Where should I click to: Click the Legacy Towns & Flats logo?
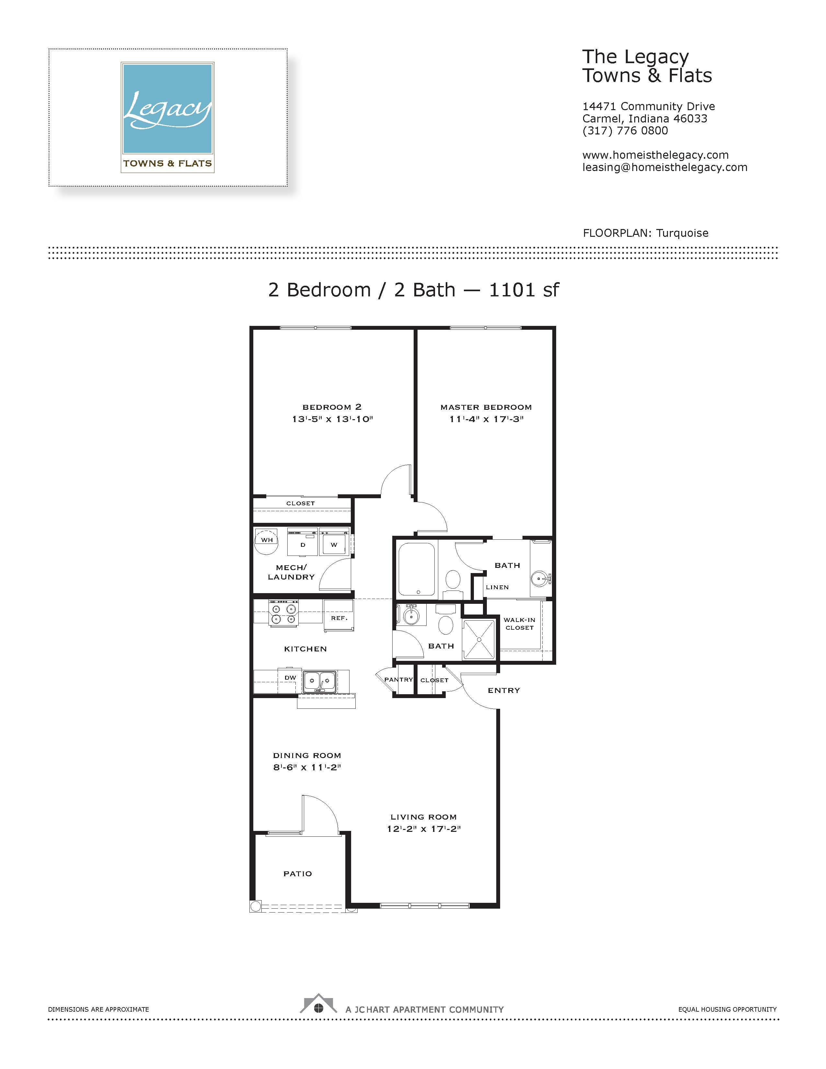[x=167, y=118]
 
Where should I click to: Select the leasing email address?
[x=664, y=167]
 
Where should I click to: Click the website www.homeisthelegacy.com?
[x=655, y=155]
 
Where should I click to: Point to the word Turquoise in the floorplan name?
[x=682, y=233]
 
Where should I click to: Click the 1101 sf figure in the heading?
[x=523, y=290]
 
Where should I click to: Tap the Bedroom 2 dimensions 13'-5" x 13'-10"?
[x=332, y=419]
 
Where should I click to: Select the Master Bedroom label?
[x=486, y=407]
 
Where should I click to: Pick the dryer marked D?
[x=303, y=542]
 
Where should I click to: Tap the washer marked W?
[x=334, y=542]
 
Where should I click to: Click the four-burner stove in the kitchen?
[x=283, y=613]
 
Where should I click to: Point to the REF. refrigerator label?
[x=339, y=618]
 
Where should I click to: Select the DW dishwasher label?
[x=290, y=678]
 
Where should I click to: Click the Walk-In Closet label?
[x=519, y=624]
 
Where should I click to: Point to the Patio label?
[x=297, y=874]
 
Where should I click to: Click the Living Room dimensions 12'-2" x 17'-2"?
[x=424, y=829]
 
